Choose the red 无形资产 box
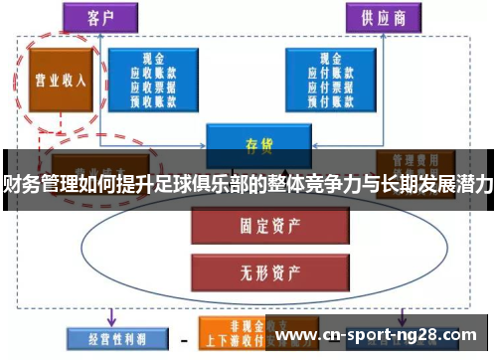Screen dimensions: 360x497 tap(252, 268)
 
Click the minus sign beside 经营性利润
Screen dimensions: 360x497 tap(183, 337)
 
